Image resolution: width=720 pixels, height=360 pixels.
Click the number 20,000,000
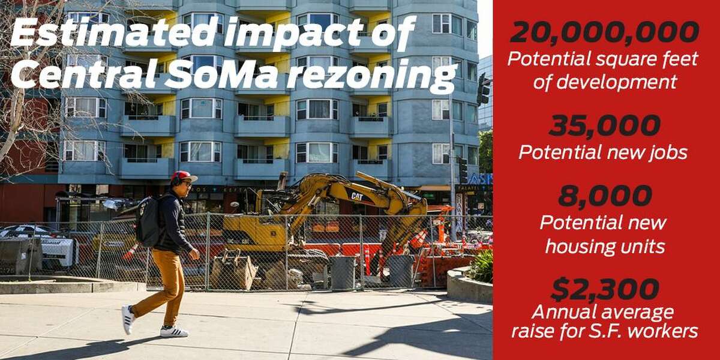(x=605, y=32)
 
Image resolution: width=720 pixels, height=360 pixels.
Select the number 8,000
(x=605, y=196)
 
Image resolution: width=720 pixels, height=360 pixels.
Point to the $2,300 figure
(x=605, y=290)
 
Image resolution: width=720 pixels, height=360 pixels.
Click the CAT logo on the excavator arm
(x=357, y=196)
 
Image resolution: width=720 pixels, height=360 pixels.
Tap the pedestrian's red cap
(x=183, y=176)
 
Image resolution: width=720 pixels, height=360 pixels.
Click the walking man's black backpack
(x=148, y=221)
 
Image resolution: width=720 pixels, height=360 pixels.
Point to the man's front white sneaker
(x=174, y=331)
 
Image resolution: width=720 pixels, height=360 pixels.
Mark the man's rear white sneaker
(x=128, y=319)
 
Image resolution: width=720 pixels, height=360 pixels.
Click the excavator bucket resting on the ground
(x=233, y=269)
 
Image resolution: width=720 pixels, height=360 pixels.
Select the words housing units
(x=605, y=247)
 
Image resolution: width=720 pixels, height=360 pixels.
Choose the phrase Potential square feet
(x=603, y=59)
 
